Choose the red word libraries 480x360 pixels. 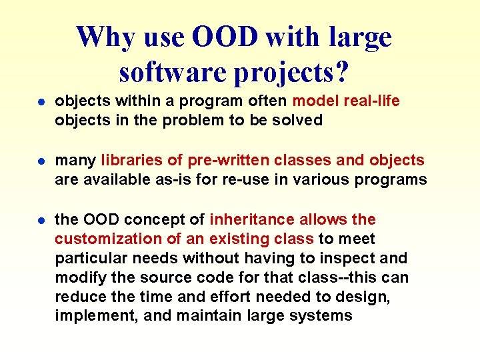click(127, 160)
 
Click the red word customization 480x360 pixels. click(102, 239)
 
